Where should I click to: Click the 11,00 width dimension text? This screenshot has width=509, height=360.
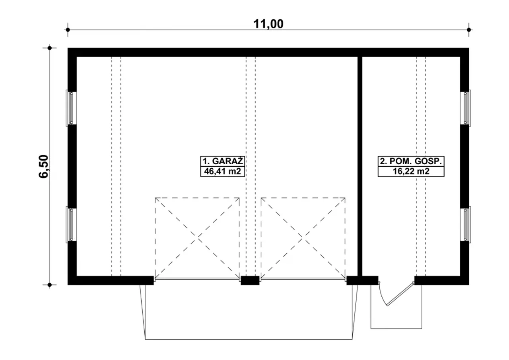(268, 24)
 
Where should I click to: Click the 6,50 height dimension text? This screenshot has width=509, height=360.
(44, 167)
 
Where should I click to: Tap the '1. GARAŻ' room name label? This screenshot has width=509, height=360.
(222, 161)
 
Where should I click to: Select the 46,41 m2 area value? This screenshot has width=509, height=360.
(222, 171)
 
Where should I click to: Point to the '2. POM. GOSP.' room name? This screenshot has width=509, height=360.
(411, 161)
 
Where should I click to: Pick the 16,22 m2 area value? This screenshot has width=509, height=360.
(411, 171)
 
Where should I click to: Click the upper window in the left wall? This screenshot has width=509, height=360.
(71, 108)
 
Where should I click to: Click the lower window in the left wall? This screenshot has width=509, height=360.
(71, 224)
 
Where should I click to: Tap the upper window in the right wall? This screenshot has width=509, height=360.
(466, 108)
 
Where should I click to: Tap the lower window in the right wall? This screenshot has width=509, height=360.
(466, 224)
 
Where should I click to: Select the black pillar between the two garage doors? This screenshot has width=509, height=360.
(250, 280)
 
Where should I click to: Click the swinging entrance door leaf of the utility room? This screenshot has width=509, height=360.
(400, 294)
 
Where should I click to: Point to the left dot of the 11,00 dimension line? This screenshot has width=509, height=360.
(68, 30)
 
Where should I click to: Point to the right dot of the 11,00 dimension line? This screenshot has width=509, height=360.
(469, 30)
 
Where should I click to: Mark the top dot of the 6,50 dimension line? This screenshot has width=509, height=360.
(50, 48)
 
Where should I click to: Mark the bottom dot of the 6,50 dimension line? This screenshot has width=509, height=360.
(50, 284)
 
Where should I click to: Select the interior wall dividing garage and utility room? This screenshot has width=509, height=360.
(360, 166)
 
